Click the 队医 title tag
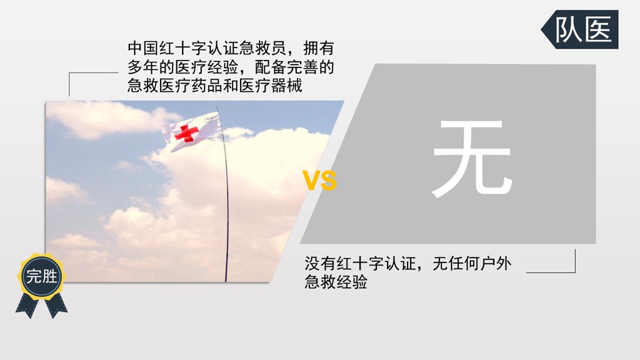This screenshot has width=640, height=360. coord(580,29)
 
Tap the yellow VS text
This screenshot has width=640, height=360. coord(319,181)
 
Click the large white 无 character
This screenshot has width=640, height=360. coord(472,158)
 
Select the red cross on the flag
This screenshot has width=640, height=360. coord(186,133)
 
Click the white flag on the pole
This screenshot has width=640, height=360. coord(192,131)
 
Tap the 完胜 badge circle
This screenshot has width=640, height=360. coord(41,276)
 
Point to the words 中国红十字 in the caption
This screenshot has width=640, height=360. coord(167,48)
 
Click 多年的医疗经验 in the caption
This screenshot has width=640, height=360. coord(183,67)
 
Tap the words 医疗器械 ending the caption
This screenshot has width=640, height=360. coord(271,86)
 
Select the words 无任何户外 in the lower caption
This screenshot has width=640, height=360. coord(472,263)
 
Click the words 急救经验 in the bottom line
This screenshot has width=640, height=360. coord(336,282)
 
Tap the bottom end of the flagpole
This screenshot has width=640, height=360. coord(226,281)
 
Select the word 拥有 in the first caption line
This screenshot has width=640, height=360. coord(319,48)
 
